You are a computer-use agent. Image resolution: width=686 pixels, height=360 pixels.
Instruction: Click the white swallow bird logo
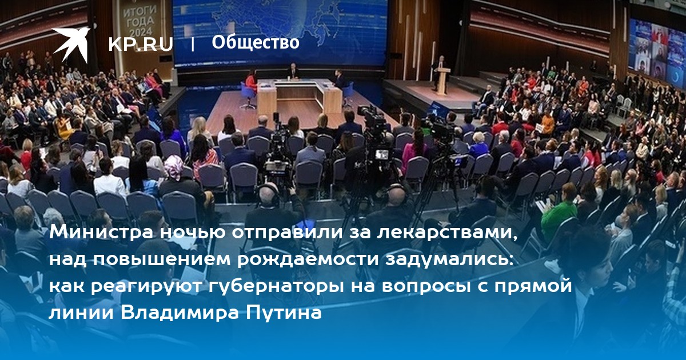click(70, 43)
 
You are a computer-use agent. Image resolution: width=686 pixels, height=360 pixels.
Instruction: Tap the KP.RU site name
click(141, 45)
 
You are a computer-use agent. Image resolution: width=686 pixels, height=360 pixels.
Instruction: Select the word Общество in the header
click(256, 42)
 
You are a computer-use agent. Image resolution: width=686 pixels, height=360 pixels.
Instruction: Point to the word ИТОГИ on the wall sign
click(139, 12)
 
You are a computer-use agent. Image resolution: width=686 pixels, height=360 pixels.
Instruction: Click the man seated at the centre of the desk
click(293, 71)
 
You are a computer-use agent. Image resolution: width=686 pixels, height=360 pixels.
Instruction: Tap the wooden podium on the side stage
click(443, 81)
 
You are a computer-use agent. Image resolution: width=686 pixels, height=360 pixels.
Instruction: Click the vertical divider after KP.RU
click(192, 45)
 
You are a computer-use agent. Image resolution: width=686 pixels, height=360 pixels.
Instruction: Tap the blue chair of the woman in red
click(248, 94)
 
